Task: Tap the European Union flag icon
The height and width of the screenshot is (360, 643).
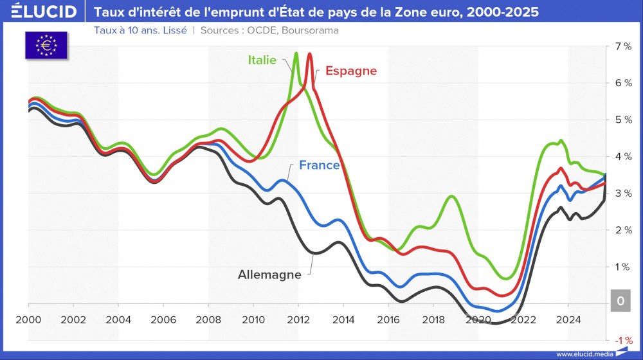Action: (46, 44)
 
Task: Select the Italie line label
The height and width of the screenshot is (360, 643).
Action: (262, 60)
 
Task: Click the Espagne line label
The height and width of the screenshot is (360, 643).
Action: (350, 71)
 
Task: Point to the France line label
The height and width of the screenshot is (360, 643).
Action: (319, 165)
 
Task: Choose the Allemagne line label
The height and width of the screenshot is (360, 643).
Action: (269, 274)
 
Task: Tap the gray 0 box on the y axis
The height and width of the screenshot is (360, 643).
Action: (620, 301)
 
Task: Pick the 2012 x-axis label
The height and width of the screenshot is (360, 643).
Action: (298, 319)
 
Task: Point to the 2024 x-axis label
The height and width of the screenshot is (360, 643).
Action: (568, 319)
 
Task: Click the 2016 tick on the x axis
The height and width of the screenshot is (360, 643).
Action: (388, 319)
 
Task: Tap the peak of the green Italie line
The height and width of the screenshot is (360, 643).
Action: (296, 53)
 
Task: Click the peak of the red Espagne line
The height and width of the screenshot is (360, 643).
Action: (310, 54)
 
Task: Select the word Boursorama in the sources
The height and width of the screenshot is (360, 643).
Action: (311, 30)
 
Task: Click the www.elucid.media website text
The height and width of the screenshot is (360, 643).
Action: (584, 354)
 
